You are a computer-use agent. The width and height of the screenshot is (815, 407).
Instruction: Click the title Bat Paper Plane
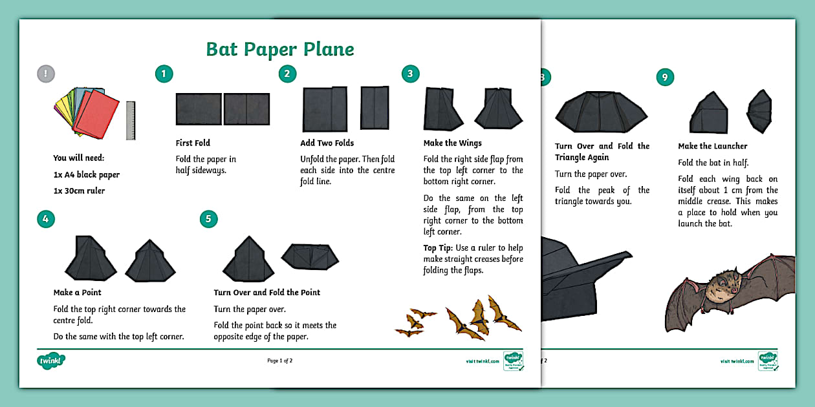point(279,49)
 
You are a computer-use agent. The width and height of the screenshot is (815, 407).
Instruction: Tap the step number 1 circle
point(164,74)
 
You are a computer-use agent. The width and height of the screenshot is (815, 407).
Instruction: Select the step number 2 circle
point(288,74)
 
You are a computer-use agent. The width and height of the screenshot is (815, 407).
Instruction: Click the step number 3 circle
point(410,74)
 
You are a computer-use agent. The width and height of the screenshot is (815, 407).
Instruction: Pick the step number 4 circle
point(46,219)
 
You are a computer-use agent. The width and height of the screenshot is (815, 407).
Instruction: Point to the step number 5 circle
point(208,219)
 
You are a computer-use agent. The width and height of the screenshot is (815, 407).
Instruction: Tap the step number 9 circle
point(664,78)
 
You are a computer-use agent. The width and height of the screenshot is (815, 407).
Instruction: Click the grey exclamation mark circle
point(46,74)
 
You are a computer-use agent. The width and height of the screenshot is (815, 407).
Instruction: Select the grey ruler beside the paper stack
point(131,120)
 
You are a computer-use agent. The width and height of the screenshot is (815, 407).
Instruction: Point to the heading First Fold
point(193,143)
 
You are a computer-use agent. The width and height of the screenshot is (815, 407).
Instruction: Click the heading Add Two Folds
point(327,143)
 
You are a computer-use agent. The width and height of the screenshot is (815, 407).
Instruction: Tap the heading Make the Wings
point(452,143)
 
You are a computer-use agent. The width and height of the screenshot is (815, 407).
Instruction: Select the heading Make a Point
point(77,293)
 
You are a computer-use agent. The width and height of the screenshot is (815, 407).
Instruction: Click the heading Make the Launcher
point(712,146)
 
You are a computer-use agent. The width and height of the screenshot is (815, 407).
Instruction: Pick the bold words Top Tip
point(438,248)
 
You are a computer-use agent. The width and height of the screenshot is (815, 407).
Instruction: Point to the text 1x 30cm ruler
point(79,191)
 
